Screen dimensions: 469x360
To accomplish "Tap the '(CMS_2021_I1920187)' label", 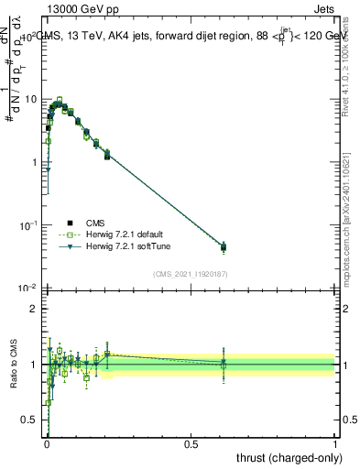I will click(191, 273).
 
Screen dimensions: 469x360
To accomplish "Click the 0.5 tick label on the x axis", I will click(191, 443).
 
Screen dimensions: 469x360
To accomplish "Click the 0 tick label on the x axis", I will click(46, 443).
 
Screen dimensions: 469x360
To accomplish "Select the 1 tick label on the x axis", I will click(335, 443).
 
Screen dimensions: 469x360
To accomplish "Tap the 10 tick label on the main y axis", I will click(29, 99).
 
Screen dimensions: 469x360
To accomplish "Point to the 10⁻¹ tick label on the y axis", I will click(27, 224).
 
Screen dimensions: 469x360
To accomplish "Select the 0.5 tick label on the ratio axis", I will click(29, 420).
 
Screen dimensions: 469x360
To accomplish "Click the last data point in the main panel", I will click(224, 247).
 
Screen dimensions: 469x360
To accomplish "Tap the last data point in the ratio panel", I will click(224, 363).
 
